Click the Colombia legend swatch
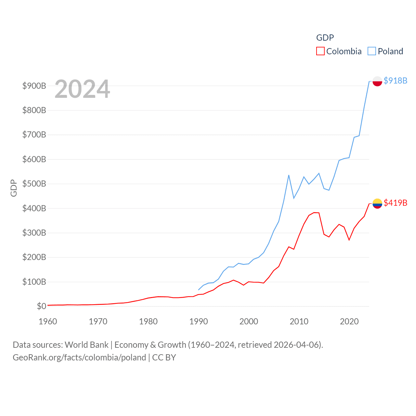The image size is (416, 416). [320, 51]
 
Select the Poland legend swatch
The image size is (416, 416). [372, 51]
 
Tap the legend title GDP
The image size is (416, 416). [325, 38]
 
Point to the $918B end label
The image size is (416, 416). [395, 81]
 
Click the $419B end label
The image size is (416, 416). [395, 203]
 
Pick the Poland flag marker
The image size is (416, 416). [377, 81]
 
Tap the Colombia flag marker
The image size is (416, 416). [377, 203]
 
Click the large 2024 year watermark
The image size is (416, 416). [82, 89]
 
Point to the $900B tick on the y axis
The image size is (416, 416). [34, 86]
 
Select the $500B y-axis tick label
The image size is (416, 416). [34, 184]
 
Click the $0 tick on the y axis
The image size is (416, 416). [41, 306]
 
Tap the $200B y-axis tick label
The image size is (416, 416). [34, 257]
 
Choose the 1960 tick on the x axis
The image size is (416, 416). [48, 321]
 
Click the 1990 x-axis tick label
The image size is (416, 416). [199, 321]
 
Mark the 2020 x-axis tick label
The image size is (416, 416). [349, 321]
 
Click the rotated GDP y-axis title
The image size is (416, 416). [14, 188]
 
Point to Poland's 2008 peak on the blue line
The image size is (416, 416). [289, 175]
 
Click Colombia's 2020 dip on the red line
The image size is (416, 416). [349, 240]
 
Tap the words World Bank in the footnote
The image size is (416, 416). [86, 344]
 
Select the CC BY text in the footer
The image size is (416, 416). [164, 357]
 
